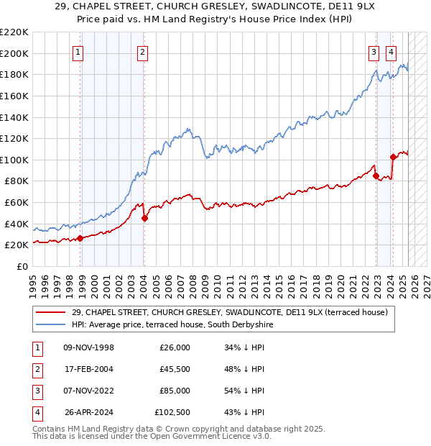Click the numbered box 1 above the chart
[77, 51]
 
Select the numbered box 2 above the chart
[144, 51]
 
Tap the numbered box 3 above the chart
[374, 51]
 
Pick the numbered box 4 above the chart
[391, 51]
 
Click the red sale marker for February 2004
[144, 218]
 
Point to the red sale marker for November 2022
[376, 176]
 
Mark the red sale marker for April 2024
[393, 157]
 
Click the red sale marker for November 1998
[80, 239]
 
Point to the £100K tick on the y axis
[15, 160]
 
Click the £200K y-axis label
[15, 53]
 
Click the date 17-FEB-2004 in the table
[89, 369]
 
